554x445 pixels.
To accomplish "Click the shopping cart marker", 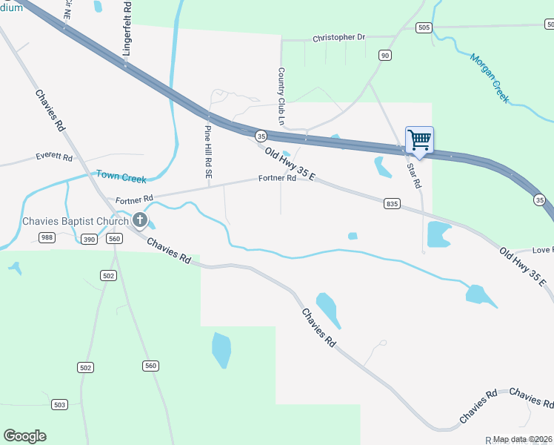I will pos(419,140).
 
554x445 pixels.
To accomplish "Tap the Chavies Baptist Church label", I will pos(75,220).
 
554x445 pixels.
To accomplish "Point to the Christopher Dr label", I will pos(339,37).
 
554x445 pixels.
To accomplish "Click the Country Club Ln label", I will pos(281,96).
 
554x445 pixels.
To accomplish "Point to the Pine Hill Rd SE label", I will pos(208,151).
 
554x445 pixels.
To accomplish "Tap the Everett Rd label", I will pos(54,158).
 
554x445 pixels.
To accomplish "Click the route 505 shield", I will pos(424,27).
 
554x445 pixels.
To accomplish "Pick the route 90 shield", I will pos(384,56).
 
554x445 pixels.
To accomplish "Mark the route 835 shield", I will pos(392,203).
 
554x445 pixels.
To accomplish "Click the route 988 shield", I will pos(47,237).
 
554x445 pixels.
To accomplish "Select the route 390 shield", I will pos(89,239).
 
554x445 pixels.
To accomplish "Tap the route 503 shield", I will pos(60,404).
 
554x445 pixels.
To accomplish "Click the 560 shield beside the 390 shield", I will pos(114,239).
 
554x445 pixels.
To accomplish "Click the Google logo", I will pos(24,436).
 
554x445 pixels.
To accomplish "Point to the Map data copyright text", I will pos(521,439).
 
